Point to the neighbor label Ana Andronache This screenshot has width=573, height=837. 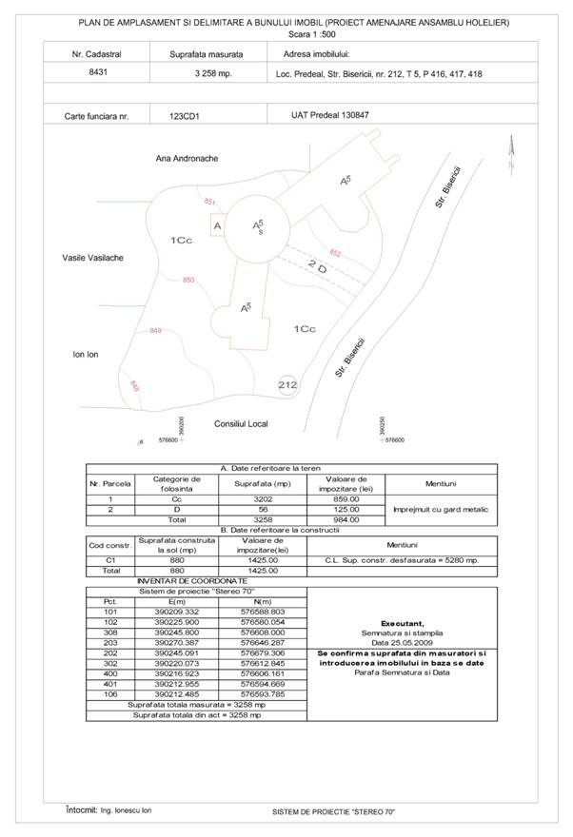(x=188, y=158)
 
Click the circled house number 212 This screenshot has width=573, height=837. (x=288, y=384)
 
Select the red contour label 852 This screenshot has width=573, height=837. (x=335, y=252)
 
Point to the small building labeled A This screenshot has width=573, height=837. (x=217, y=226)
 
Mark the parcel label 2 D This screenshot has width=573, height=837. (x=318, y=265)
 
